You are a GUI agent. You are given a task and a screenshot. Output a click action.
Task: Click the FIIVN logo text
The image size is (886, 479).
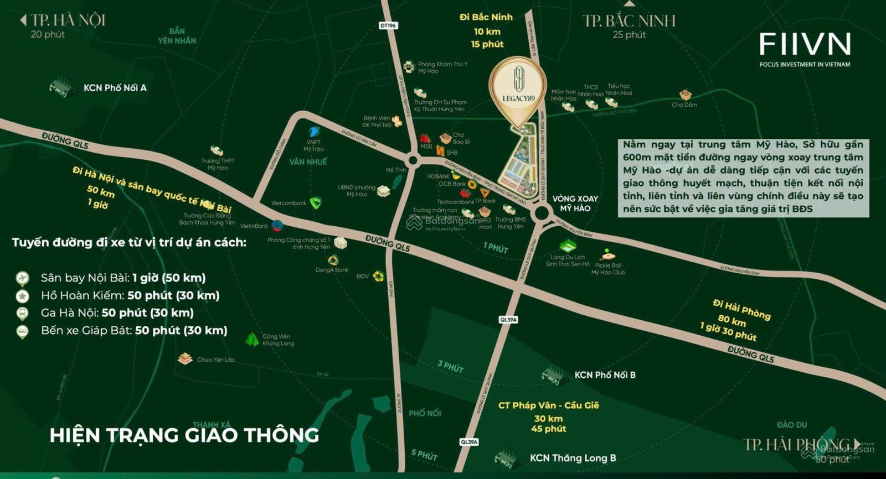[805, 44]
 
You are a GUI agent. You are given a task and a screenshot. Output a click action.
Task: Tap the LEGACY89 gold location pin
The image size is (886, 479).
[518, 88]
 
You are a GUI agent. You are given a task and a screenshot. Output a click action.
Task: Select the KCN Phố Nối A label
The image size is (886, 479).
[115, 88]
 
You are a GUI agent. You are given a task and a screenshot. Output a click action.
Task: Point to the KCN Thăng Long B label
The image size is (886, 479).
[573, 458]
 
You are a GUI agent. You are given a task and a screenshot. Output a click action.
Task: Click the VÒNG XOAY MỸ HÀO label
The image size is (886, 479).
[575, 204]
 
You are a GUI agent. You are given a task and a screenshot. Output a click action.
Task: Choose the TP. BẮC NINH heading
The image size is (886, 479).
[629, 22]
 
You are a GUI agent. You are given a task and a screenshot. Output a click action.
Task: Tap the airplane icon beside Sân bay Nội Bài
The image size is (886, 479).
[22, 278]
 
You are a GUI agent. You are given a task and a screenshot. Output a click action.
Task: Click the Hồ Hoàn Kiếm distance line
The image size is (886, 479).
[130, 295]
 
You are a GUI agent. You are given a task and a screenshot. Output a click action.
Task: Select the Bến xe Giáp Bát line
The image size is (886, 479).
[134, 331]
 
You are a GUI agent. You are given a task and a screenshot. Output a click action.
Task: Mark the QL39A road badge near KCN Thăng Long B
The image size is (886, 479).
[469, 442]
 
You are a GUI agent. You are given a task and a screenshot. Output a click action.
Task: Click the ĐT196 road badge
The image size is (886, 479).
[388, 25]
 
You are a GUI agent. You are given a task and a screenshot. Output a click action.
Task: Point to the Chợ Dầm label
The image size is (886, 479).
[684, 105]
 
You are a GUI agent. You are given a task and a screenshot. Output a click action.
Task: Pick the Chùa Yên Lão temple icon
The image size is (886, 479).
[185, 359]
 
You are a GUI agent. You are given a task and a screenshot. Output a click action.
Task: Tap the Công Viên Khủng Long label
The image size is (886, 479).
[278, 340]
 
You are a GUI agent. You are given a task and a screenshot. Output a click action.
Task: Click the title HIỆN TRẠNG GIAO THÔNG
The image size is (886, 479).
[184, 435]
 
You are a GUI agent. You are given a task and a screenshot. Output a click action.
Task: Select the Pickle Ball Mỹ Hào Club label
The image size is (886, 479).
[608, 269]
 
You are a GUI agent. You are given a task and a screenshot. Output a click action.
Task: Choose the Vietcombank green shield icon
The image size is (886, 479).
[315, 203]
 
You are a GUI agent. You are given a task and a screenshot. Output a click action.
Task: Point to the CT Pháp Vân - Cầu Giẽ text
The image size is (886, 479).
[548, 405]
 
